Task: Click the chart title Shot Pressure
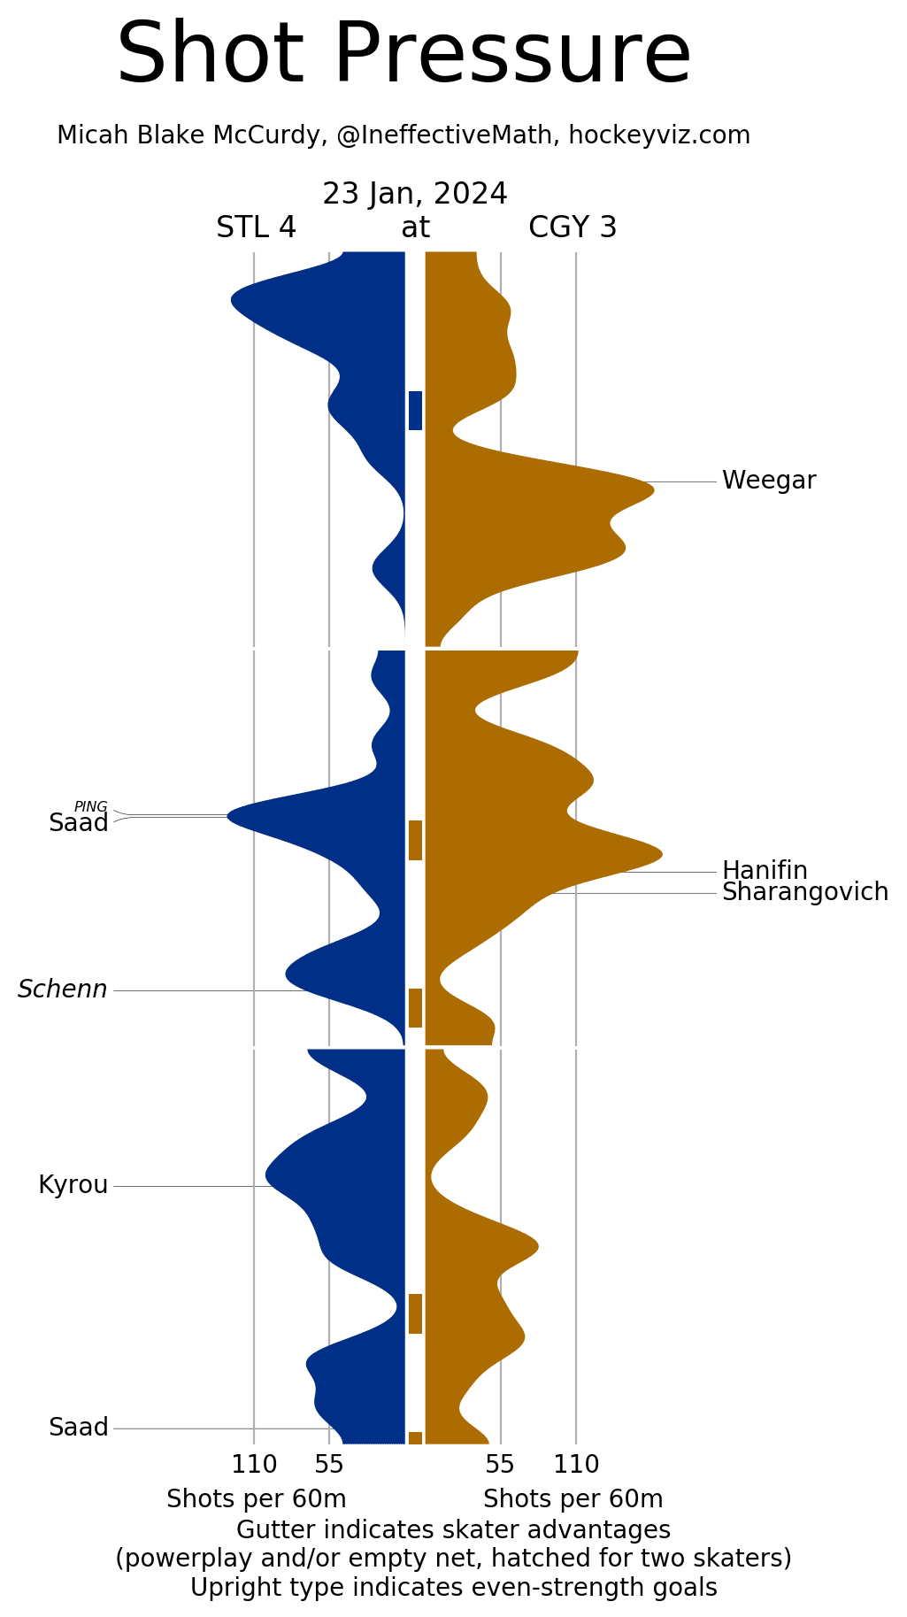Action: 404,55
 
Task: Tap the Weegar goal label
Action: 768,481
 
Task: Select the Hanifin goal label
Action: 765,870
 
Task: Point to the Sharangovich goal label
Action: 804,892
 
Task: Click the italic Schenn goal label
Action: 63,989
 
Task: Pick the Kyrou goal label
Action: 73,1185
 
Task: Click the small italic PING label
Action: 90,806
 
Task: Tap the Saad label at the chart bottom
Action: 78,1428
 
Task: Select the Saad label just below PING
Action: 78,823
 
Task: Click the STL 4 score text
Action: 256,227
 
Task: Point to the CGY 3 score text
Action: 573,227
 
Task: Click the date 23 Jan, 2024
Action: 414,194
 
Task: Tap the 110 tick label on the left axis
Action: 254,1465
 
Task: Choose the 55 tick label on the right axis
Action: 500,1465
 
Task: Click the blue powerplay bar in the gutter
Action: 415,411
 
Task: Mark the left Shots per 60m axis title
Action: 256,1499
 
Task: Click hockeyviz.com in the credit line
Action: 659,135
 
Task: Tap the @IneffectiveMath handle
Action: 447,135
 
